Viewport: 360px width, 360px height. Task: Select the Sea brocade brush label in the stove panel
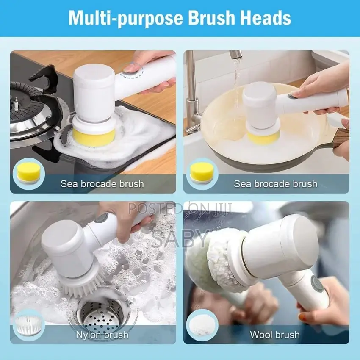(102, 184)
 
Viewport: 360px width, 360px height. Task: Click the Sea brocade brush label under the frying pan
(275, 184)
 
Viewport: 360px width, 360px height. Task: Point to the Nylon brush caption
(102, 335)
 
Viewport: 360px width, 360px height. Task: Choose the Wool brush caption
(275, 335)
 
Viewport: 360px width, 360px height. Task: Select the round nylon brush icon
(28, 325)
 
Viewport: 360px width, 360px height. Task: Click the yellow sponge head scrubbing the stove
(94, 137)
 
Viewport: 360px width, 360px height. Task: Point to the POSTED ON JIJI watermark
(180, 209)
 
